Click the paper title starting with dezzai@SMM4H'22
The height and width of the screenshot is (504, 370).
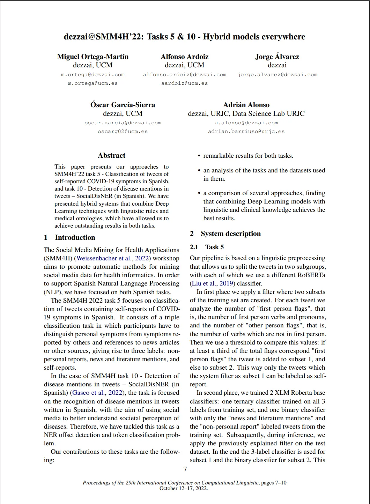[184, 37]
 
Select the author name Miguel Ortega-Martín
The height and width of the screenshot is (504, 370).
[93, 57]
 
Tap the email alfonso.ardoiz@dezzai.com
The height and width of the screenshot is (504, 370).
[184, 74]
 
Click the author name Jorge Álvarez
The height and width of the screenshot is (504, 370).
[277, 57]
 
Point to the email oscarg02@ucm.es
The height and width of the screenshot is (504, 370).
[123, 132]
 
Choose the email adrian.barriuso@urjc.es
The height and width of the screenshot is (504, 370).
[246, 132]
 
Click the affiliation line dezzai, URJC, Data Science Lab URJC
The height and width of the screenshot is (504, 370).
[246, 113]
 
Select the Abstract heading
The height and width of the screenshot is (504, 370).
[111, 155]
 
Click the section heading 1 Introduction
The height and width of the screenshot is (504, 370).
[69, 237]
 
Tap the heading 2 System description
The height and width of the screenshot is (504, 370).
[225, 234]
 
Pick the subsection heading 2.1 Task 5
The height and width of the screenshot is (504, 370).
[207, 247]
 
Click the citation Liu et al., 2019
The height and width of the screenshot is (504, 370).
[213, 283]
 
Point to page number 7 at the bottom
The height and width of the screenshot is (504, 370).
[185, 469]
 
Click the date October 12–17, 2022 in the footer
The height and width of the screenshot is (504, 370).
[184, 488]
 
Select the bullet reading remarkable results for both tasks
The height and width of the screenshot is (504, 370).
[248, 156]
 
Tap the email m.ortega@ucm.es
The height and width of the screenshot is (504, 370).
[92, 83]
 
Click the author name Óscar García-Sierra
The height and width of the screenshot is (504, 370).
[123, 105]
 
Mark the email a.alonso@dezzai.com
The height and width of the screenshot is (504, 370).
[246, 123]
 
